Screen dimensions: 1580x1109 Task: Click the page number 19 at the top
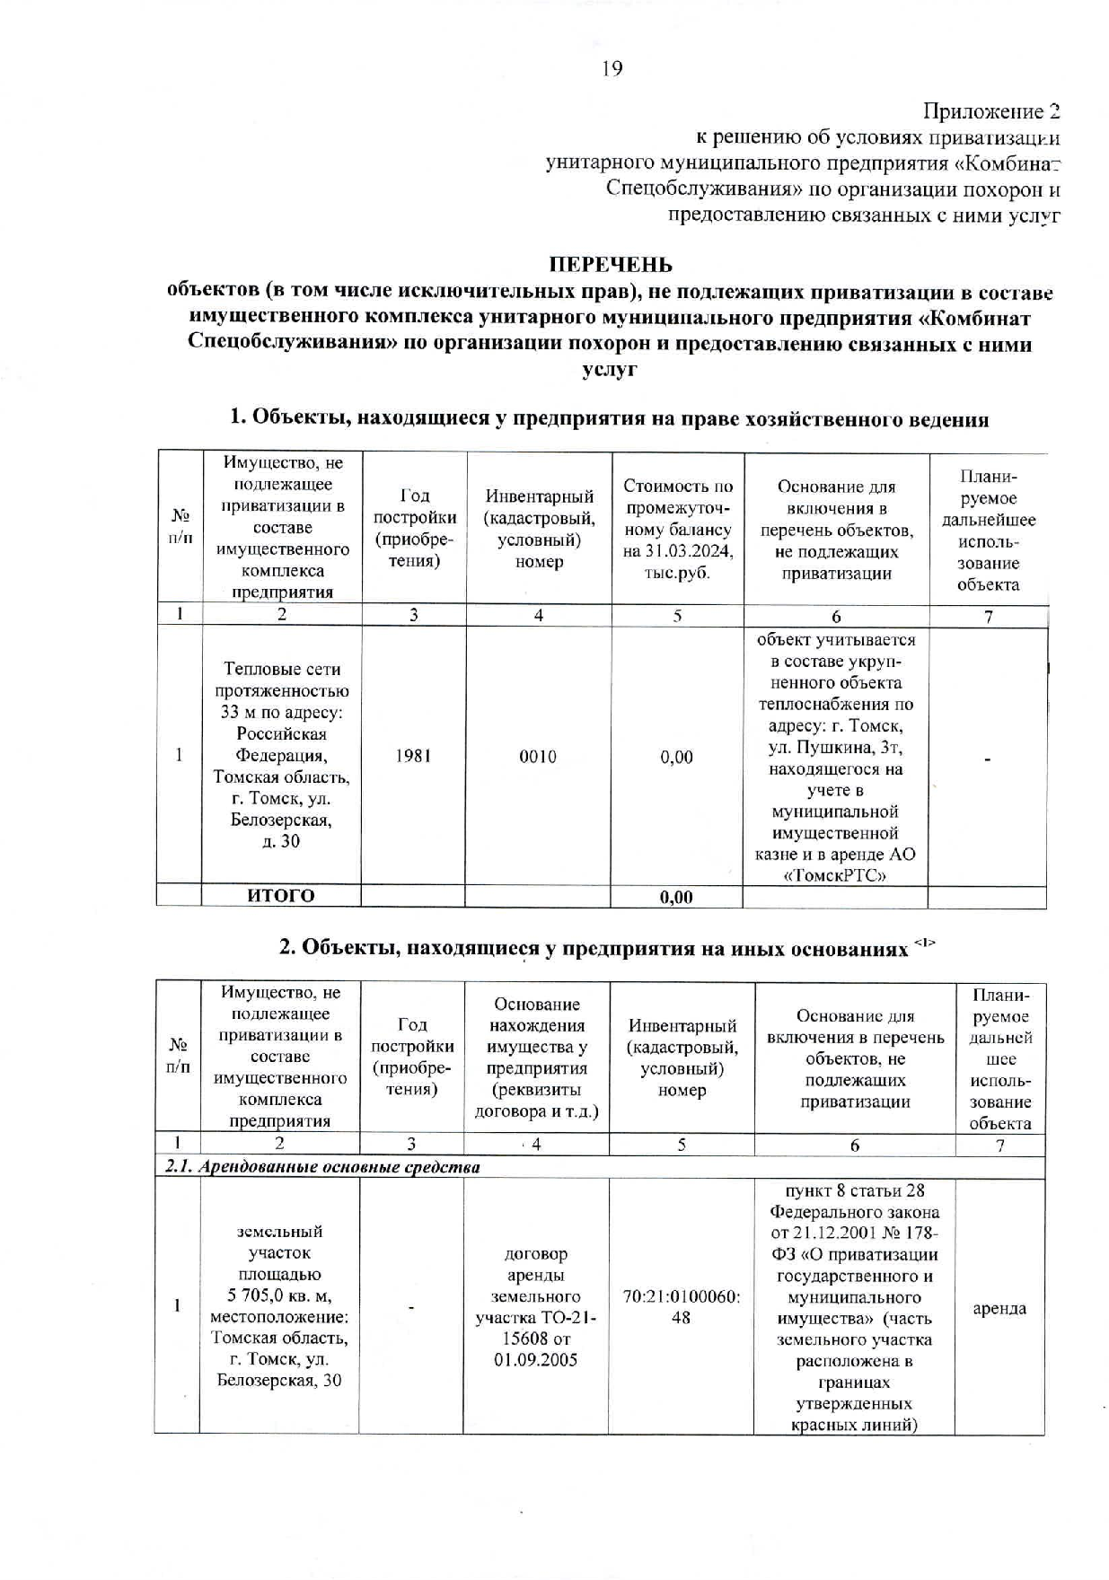click(x=612, y=68)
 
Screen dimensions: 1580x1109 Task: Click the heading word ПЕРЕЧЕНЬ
click(x=611, y=265)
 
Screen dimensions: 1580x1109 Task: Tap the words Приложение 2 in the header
click(x=991, y=111)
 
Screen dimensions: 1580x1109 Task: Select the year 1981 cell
click(x=413, y=756)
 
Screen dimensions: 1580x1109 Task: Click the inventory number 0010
click(x=538, y=756)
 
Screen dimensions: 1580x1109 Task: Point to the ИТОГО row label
click(x=281, y=896)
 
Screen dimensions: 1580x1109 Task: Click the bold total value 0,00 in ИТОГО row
click(x=676, y=897)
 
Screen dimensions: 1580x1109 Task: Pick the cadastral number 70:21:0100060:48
click(x=682, y=1307)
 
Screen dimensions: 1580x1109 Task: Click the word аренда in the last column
click(x=999, y=1308)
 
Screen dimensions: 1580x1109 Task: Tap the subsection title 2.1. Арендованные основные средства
click(x=323, y=1167)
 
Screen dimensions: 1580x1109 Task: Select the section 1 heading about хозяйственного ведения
click(x=609, y=418)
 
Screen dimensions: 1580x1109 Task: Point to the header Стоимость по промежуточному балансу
click(x=677, y=529)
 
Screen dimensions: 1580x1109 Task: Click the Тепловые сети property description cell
click(x=281, y=755)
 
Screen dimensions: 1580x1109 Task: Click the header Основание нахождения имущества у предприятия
click(x=536, y=1058)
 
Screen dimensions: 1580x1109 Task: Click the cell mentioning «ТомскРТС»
click(x=835, y=756)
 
